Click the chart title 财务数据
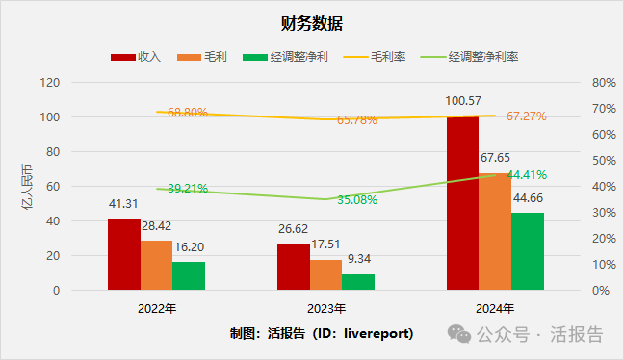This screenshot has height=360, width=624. coord(312,23)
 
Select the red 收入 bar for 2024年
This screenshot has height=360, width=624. coord(462,202)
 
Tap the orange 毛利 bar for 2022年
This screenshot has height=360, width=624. coord(156,265)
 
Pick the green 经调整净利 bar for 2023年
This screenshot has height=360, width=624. coord(358,281)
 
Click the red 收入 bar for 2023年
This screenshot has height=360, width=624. coord(293,267)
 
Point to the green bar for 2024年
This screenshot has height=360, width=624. coord(527,251)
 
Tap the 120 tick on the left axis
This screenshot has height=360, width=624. coord(77,83)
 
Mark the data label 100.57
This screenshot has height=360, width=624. coord(463,100)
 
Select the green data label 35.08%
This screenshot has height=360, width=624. coord(357,200)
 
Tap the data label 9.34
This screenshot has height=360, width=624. coord(358,260)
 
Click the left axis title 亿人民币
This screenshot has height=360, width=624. coord(40,187)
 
